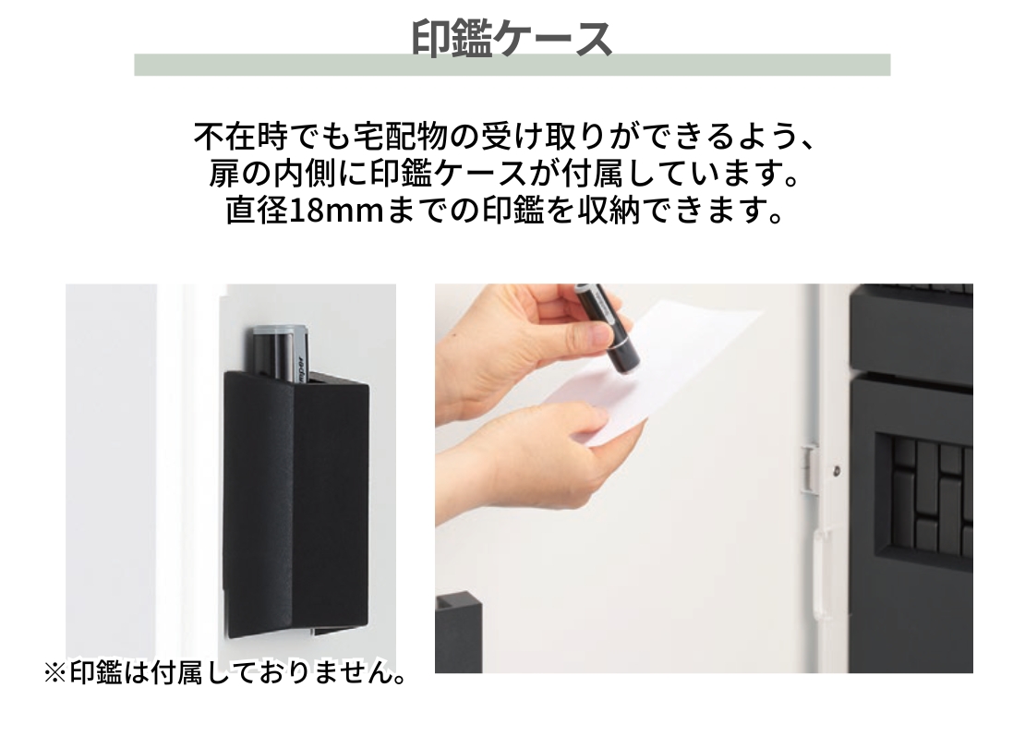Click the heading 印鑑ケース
tap(512, 39)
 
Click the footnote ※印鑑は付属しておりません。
tap(225, 673)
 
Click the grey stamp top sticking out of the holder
tap(280, 350)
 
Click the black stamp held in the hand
tap(608, 326)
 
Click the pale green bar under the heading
tap(512, 66)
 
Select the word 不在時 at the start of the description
tap(241, 138)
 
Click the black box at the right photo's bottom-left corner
tap(459, 632)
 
